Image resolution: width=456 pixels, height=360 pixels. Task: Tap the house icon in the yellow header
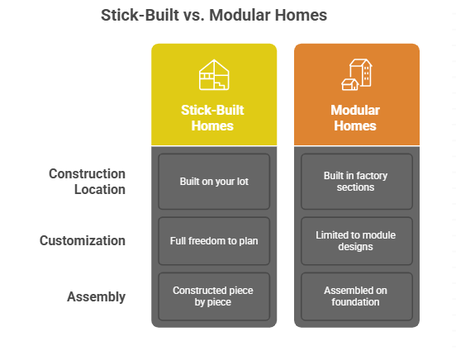tap(213, 75)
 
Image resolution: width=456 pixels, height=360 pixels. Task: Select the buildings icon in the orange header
tap(356, 74)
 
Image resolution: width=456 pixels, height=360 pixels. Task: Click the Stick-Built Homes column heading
tap(213, 117)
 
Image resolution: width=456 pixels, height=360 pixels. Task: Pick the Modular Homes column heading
tap(356, 117)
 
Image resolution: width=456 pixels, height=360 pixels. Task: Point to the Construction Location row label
tap(87, 182)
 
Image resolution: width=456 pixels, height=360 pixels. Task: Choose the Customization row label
tap(83, 241)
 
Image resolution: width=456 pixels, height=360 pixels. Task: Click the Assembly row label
tap(96, 296)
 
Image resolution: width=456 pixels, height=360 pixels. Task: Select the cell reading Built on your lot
tap(214, 181)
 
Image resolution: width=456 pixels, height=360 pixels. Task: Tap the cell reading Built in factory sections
tap(356, 181)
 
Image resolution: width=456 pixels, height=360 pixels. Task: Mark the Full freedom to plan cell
tap(214, 241)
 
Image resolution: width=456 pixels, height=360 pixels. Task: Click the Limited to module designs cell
tap(356, 241)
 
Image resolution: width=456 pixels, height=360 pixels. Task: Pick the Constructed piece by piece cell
tap(214, 296)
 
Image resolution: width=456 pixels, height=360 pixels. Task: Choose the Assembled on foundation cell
tap(356, 296)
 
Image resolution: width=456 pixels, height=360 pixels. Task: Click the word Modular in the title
tap(247, 15)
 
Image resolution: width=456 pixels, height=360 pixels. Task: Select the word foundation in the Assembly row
tap(356, 302)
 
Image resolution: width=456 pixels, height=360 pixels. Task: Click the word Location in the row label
tap(98, 189)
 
